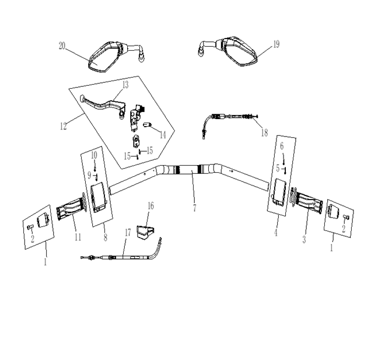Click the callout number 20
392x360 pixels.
pos(62,46)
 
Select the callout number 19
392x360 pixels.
pos(276,44)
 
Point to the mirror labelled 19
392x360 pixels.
pos(228,51)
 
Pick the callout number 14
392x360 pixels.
pos(163,135)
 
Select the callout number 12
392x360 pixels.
pos(63,126)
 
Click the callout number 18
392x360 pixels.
pos(264,132)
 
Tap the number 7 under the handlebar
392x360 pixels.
pos(194,208)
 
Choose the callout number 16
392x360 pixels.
pos(150,206)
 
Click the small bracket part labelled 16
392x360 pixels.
pos(145,233)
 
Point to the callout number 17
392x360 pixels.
pos(128,233)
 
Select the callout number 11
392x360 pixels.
pos(78,237)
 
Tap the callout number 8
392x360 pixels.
pos(106,237)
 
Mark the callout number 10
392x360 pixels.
pos(94,155)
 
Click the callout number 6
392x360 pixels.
pos(282,146)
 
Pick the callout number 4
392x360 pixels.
pos(276,233)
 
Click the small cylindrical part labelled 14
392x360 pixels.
pos(148,124)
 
